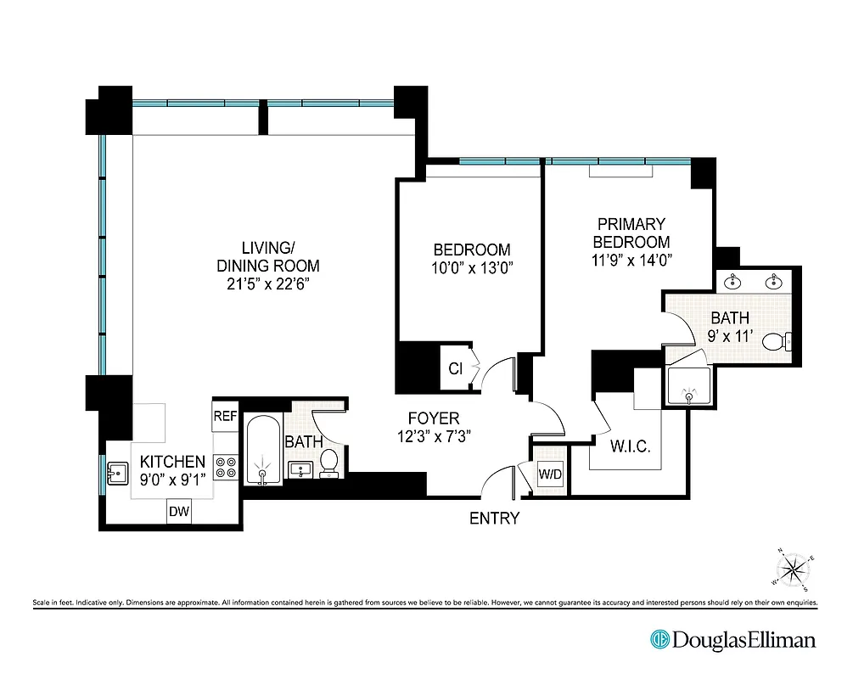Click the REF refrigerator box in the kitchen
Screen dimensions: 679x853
point(224,416)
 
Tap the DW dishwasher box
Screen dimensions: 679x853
point(178,511)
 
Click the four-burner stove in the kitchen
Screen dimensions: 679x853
point(227,468)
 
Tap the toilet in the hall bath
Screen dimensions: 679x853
point(329,463)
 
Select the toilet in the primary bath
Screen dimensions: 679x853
point(777,342)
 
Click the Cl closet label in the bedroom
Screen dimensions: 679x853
point(455,368)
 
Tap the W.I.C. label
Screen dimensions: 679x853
point(630,446)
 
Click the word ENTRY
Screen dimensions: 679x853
point(494,518)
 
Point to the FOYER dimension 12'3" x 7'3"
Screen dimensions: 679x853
point(434,437)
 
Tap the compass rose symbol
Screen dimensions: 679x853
point(795,570)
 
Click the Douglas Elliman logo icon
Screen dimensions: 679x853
point(659,639)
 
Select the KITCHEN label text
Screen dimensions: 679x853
point(172,462)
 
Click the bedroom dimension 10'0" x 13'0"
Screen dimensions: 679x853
point(472,268)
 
